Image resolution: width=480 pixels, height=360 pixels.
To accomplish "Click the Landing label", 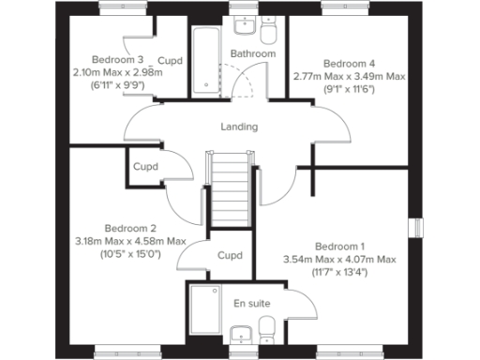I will pos(239,127).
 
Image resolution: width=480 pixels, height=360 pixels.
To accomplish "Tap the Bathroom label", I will pos(253,54).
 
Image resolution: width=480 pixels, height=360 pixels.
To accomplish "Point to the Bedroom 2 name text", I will pos(130,229).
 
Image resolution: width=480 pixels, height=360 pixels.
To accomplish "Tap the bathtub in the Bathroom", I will pos(205,58).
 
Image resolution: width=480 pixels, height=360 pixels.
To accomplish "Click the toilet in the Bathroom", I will pos(269,34).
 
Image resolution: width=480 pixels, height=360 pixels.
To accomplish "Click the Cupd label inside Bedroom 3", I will pos(170,61).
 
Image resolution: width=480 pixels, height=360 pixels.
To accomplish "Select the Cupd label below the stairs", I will pos(230,255).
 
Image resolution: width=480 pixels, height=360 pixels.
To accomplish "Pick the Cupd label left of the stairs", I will pos(145,168).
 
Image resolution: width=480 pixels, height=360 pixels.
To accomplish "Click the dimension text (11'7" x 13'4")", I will pos(340,273).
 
